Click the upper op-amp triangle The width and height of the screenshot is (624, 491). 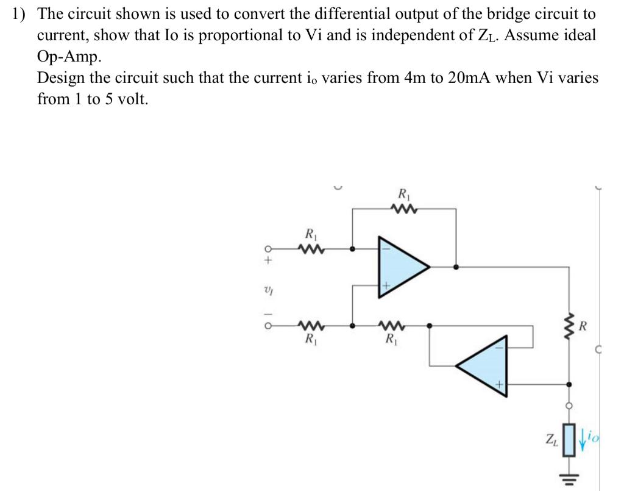(400, 267)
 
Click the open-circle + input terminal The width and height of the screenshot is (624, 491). (267, 249)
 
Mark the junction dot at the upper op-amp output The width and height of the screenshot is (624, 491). (457, 267)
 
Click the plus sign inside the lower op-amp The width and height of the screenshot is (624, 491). (498, 384)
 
